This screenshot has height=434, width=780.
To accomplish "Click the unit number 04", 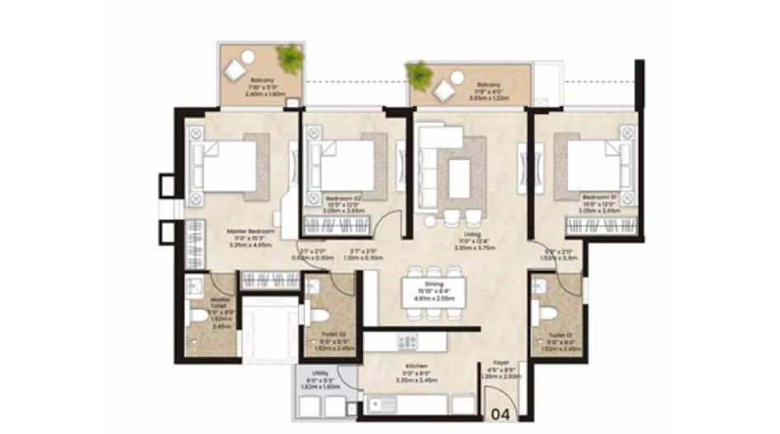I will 501,413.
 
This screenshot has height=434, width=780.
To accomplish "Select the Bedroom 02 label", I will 343,199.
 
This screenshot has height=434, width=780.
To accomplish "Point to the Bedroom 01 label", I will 599,197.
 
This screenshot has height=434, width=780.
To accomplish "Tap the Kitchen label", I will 415,364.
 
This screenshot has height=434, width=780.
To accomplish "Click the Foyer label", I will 500,362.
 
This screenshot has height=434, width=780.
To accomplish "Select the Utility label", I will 309,374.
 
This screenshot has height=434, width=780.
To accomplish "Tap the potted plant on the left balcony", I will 289,58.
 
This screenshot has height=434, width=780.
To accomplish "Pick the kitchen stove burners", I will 409,341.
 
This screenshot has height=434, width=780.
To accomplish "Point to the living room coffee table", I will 459,177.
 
